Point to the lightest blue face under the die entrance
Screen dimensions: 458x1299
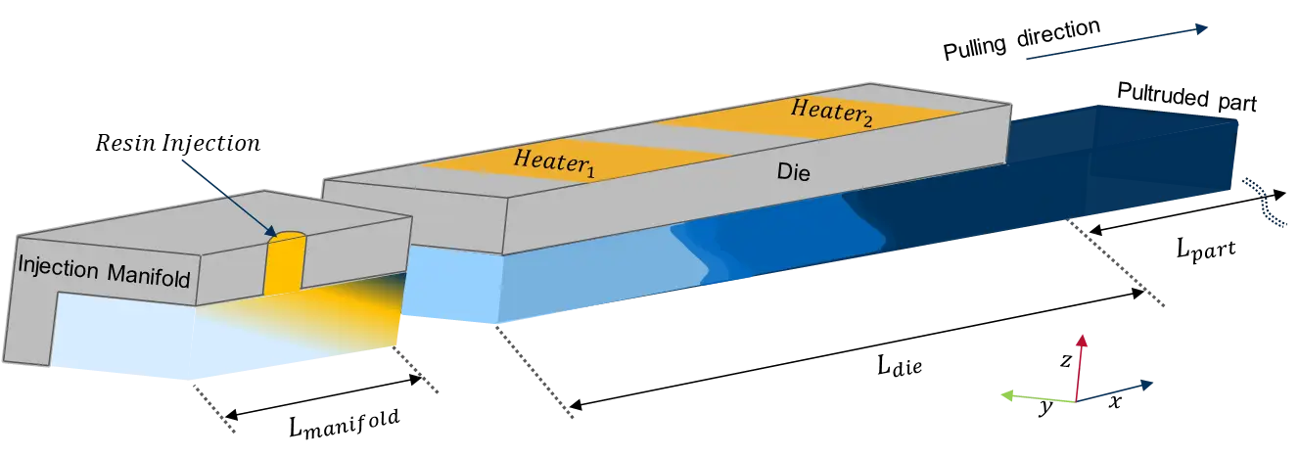[450, 284]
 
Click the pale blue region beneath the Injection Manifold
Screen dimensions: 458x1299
[147, 338]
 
